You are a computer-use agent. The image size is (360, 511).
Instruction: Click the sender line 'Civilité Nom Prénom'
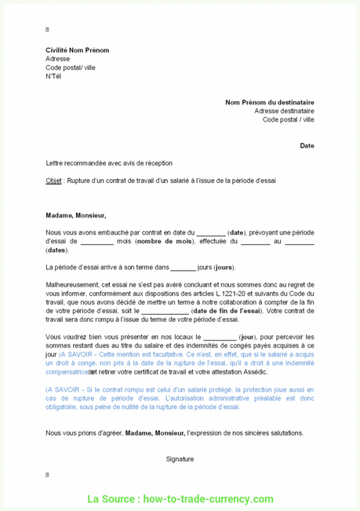tap(77, 50)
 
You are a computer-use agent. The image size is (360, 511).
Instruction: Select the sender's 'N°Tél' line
tap(53, 76)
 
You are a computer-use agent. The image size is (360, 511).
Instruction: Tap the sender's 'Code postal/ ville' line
tap(71, 68)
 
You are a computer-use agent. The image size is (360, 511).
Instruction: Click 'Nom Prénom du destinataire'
tap(269, 102)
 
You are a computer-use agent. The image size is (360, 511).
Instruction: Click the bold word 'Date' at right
tap(307, 145)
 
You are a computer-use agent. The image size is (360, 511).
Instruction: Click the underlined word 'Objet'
tap(53, 181)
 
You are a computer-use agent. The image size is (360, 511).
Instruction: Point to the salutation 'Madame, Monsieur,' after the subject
tap(75, 215)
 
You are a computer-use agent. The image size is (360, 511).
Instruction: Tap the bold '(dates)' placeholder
tap(56, 250)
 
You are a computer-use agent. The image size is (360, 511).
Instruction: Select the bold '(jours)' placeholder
tap(224, 267)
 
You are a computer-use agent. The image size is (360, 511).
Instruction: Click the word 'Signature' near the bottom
tap(180, 458)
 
